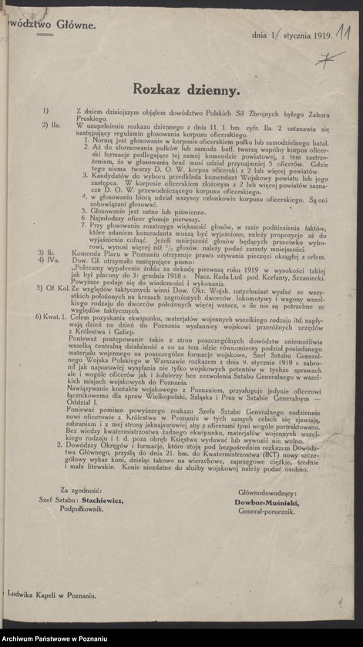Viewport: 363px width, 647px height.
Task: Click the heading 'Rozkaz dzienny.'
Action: tap(186, 89)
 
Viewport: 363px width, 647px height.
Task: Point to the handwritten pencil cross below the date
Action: tap(330, 57)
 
